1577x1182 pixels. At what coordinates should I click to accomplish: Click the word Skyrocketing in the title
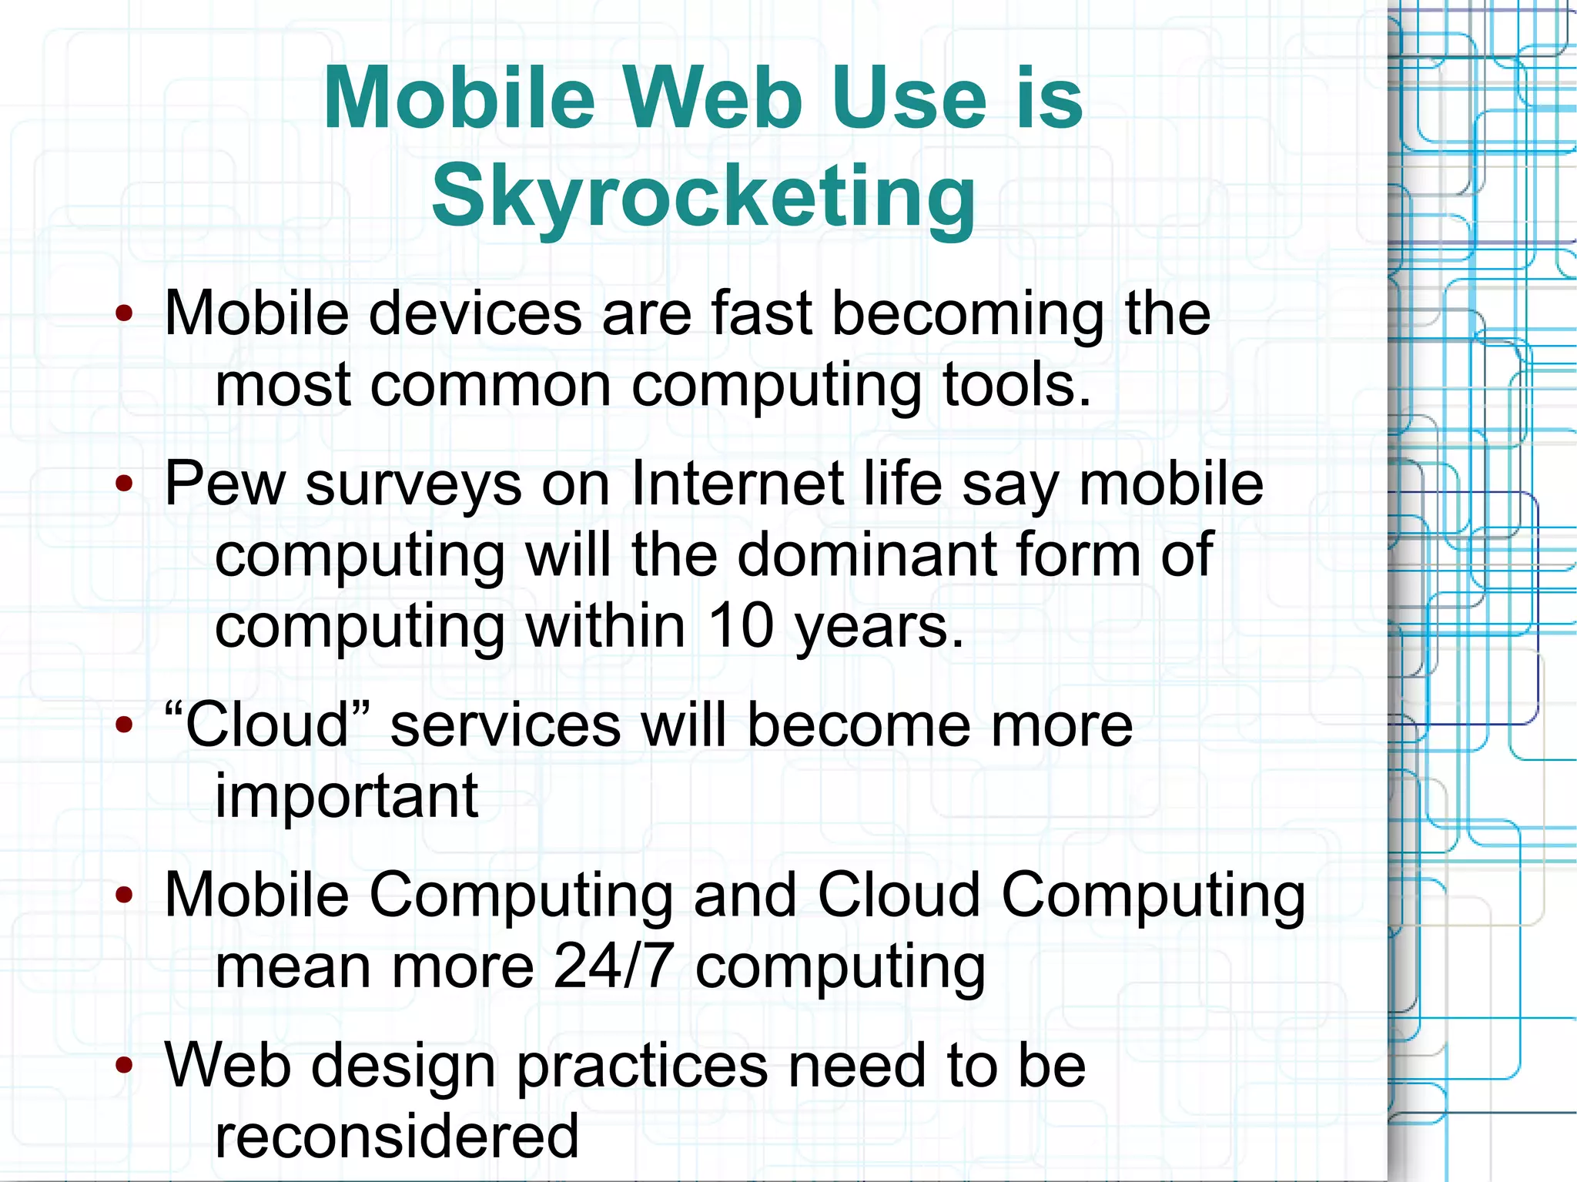[x=703, y=196]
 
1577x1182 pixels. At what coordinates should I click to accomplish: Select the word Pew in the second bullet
[x=225, y=484]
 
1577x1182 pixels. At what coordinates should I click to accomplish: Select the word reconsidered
[x=397, y=1136]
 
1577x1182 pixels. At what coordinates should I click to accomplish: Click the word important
[x=347, y=795]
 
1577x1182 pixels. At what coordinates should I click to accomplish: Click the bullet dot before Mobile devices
[x=124, y=313]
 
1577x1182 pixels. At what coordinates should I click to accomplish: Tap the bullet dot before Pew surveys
[x=124, y=484]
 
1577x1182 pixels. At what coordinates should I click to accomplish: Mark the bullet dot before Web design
[x=124, y=1066]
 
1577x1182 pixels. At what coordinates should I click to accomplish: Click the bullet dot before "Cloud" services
[x=124, y=725]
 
